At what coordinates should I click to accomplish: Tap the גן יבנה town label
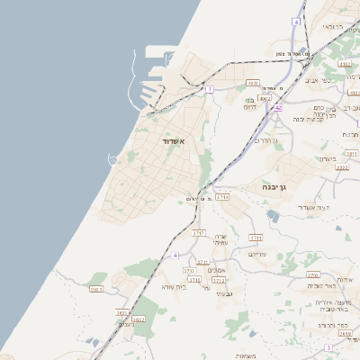point(274,185)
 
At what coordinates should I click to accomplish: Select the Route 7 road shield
point(210,89)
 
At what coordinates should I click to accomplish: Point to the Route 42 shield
point(278,107)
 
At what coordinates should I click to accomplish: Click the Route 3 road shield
point(328,346)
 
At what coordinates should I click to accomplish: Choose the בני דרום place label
point(250,103)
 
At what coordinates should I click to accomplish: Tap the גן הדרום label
point(264,140)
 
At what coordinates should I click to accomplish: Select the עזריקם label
point(256,254)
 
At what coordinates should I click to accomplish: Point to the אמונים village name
point(216,270)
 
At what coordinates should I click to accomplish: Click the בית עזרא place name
point(173,285)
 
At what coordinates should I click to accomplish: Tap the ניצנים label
point(126,323)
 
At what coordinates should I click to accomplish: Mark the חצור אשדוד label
point(314,207)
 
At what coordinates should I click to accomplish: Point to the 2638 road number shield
point(345,333)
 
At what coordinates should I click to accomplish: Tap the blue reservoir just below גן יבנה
point(273,215)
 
